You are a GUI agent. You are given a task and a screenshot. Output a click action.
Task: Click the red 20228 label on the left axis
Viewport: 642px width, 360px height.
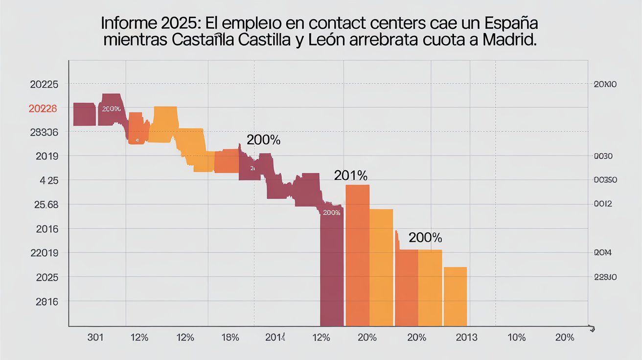[x=43, y=109]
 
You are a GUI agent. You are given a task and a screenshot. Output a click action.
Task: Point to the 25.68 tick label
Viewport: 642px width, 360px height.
[x=46, y=204]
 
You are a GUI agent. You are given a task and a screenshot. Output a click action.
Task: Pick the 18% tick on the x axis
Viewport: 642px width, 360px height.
[x=230, y=337]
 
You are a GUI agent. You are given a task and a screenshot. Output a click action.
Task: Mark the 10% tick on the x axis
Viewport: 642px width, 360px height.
[x=517, y=337]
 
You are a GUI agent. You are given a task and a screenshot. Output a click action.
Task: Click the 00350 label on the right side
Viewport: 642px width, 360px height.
[x=605, y=180]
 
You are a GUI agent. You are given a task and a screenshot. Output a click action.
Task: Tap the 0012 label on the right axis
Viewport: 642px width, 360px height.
[x=603, y=204]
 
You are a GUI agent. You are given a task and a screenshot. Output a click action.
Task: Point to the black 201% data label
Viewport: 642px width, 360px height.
[x=350, y=175]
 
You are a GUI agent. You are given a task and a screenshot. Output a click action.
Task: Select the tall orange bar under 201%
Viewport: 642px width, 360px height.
[x=357, y=254]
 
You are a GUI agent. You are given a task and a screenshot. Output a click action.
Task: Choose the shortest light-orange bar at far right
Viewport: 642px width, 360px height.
[x=455, y=296]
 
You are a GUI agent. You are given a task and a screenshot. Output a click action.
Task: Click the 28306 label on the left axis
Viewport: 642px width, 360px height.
[x=44, y=132]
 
